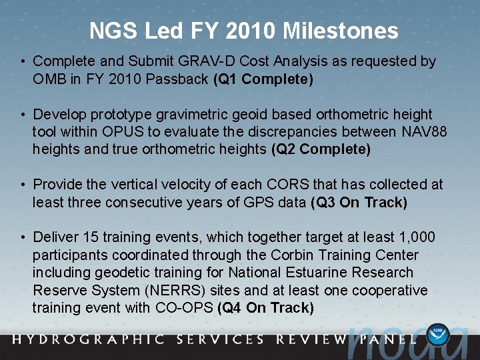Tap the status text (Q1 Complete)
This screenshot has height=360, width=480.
pyautogui.click(x=263, y=79)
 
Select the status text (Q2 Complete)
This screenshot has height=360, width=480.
pyautogui.click(x=321, y=149)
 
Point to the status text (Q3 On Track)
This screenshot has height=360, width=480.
pyautogui.click(x=359, y=202)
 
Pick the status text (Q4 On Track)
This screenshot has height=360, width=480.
pyautogui.click(x=265, y=308)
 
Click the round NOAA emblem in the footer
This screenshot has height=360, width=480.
pyautogui.click(x=438, y=334)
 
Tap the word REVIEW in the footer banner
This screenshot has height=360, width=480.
pyautogui.click(x=313, y=339)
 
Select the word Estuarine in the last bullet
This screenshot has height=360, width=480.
pyautogui.click(x=316, y=273)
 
